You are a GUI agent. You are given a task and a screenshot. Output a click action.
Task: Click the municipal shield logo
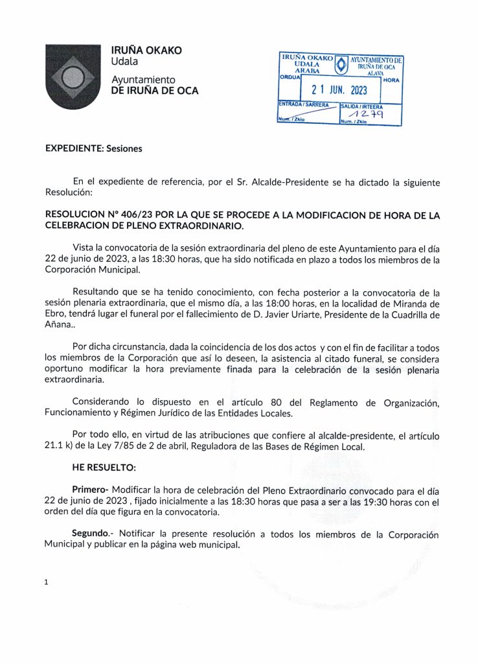[x=73, y=76]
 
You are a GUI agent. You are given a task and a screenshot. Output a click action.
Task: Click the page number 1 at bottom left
[x=46, y=582]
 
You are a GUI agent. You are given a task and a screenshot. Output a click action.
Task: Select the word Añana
[x=60, y=327]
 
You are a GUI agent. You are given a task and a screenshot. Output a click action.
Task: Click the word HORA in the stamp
[x=391, y=80]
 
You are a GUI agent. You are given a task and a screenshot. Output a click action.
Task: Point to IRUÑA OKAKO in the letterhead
[x=146, y=51]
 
